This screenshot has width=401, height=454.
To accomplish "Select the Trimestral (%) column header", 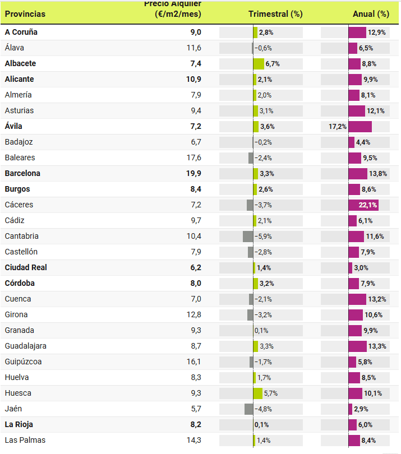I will [275, 14].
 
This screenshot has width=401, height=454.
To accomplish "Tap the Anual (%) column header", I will [371, 14].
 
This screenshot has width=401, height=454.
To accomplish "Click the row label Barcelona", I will [22, 173].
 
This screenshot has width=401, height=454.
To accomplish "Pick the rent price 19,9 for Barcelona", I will [193, 173].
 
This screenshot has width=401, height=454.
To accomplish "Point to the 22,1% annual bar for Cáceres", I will [363, 205].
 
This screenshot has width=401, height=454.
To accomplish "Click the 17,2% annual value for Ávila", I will [338, 127].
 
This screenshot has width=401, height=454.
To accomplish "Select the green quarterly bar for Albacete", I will [259, 64].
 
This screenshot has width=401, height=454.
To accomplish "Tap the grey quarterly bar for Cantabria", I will [248, 237].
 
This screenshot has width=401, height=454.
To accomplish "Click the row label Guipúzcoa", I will [23, 362].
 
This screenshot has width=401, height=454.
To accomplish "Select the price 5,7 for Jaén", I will [196, 409].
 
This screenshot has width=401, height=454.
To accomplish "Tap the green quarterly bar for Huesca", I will [258, 393].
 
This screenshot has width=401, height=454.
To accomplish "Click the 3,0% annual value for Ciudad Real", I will [361, 268].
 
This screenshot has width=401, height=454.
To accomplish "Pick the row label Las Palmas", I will [25, 440].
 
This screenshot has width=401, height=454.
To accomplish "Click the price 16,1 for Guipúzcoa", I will [193, 362].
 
